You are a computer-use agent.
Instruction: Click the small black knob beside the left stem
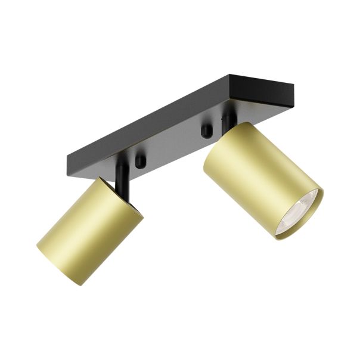pyautogui.click(x=141, y=162)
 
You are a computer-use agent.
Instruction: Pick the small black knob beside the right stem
pyautogui.click(x=206, y=131)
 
